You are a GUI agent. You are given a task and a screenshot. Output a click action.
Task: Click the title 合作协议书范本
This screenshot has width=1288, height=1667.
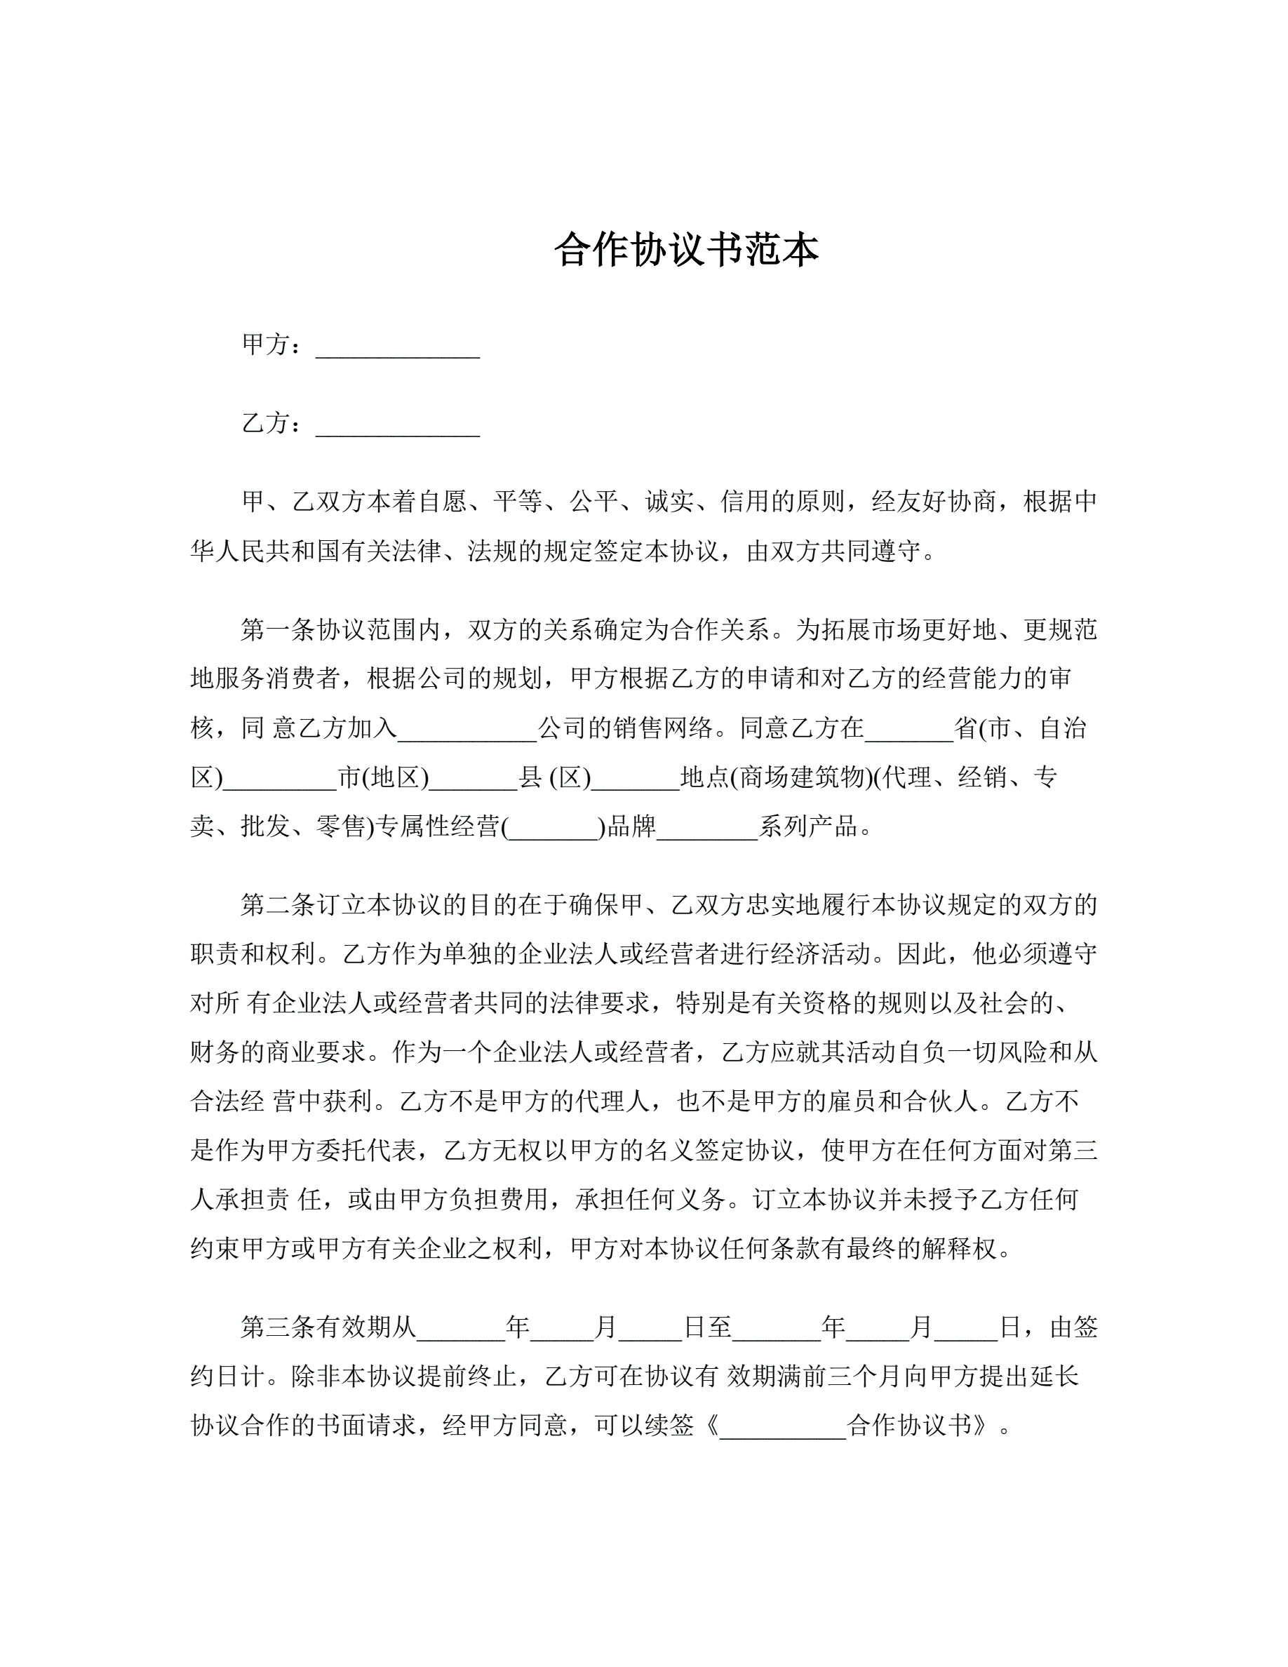[x=686, y=250]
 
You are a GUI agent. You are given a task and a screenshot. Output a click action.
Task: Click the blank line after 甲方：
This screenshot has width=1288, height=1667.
[x=398, y=347]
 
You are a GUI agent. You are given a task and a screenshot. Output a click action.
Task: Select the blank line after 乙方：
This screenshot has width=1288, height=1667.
[x=398, y=425]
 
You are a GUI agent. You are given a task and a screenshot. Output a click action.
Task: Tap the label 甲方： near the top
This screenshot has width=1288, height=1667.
[x=271, y=345]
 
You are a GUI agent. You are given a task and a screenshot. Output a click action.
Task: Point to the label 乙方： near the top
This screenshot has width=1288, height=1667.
[x=271, y=423]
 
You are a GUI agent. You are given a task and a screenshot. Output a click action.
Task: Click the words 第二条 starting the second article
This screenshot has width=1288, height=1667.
[x=278, y=904]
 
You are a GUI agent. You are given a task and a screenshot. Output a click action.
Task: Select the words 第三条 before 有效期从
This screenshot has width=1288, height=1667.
[x=278, y=1327]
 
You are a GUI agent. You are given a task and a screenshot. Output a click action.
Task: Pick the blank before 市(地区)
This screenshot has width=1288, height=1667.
[x=280, y=779]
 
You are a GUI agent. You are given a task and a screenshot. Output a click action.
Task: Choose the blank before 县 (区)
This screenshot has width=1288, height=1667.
[x=473, y=779]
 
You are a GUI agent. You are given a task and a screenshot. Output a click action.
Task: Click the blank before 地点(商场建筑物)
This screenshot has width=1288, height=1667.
[x=635, y=779]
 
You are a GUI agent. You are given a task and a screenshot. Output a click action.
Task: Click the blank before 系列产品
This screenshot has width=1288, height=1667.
[x=706, y=828]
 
